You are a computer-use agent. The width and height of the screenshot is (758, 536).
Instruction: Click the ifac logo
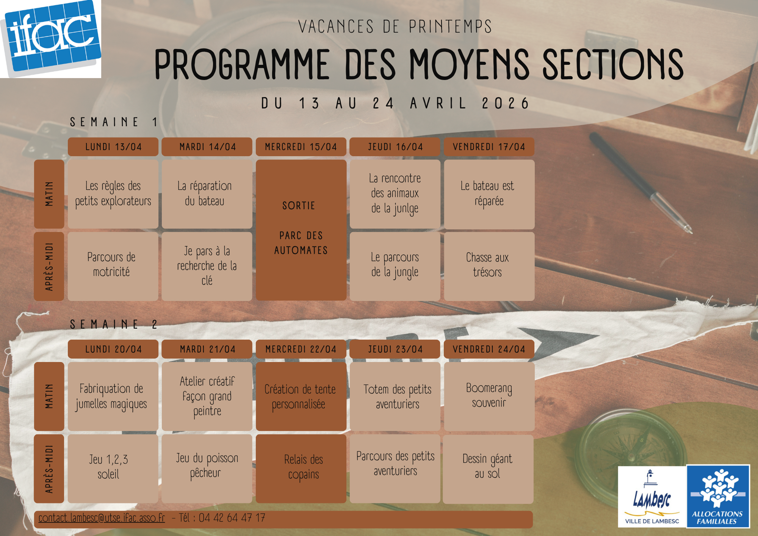(50, 39)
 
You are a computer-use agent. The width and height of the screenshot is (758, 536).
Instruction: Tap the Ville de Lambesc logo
(652, 497)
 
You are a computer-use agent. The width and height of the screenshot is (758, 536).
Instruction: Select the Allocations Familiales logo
(718, 497)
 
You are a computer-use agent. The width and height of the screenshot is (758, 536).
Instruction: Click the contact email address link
(102, 518)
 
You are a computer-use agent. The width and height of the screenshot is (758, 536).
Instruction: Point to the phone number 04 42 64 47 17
(232, 518)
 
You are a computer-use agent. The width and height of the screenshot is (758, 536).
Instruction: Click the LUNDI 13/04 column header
(113, 147)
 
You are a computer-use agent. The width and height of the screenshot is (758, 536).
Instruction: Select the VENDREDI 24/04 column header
(489, 349)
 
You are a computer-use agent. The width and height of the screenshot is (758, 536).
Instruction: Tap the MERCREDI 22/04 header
(301, 349)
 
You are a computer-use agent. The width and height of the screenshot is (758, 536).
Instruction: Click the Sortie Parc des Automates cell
(301, 230)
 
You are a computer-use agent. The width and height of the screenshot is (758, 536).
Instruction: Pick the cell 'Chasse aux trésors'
(489, 266)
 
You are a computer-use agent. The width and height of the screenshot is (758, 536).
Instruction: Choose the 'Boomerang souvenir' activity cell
(489, 397)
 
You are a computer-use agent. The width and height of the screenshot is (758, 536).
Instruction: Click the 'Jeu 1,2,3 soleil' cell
(113, 469)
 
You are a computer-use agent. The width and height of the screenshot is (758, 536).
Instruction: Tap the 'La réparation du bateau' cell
(207, 194)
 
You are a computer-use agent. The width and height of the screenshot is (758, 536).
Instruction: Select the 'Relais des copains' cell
(301, 469)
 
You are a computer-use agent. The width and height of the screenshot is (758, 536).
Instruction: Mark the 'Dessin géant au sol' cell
(488, 469)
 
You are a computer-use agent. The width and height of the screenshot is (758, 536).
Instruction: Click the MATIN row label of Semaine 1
(49, 194)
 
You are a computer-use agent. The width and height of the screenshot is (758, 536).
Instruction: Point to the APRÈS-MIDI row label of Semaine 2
(49, 469)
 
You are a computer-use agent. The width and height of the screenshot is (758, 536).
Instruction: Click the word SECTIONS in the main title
(613, 64)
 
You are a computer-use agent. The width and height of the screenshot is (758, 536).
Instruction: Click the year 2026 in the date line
(505, 103)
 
